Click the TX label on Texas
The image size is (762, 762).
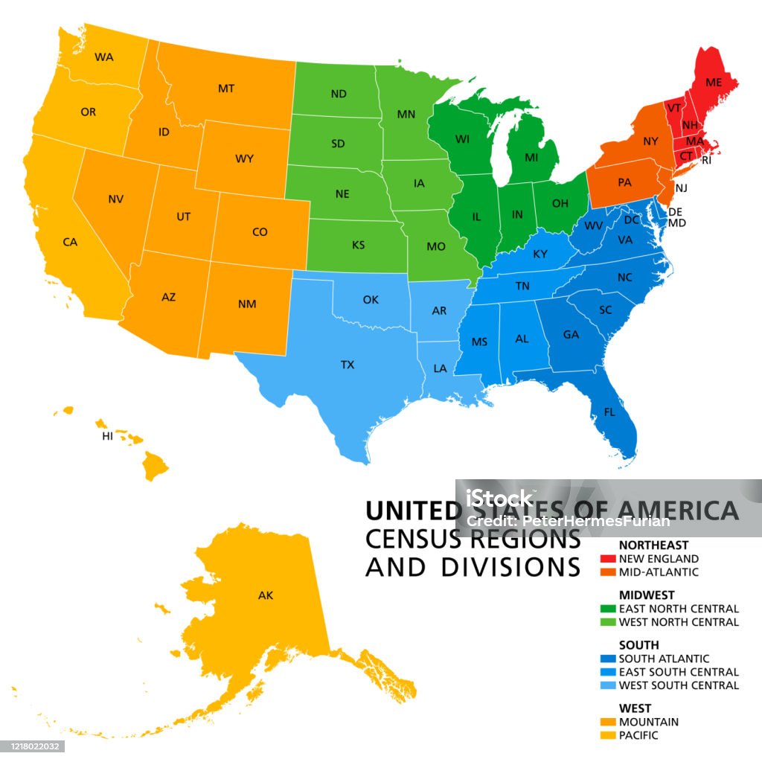coord(348,365)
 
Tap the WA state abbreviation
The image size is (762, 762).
coord(103,57)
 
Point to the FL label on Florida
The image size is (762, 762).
coord(609,412)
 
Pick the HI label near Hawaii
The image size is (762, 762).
coord(108,437)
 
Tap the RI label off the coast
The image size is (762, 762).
coord(707,159)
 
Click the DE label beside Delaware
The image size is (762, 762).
coord(676,211)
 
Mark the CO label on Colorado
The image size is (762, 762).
coord(260,232)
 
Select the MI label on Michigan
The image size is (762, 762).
coord(531,158)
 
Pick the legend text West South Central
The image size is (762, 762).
coord(679,685)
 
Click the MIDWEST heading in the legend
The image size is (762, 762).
coord(647,595)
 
